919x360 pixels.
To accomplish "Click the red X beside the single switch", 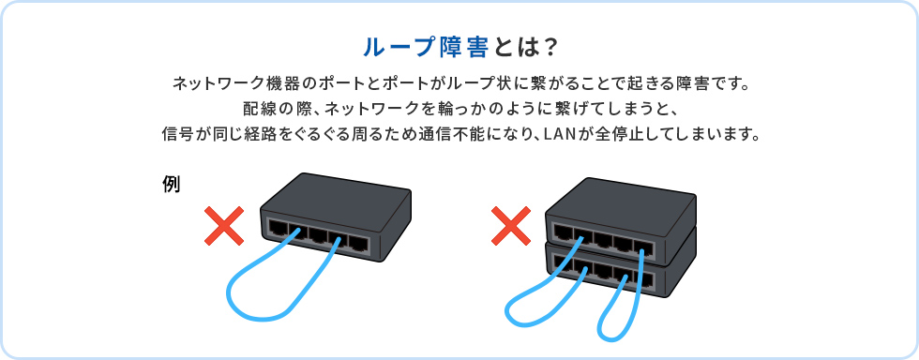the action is point(223,227).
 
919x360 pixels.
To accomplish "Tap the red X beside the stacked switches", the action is point(511,227).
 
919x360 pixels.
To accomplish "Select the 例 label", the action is point(171,184).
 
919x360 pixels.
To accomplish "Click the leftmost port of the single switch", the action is point(279,228).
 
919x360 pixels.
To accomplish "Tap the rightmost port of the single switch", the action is point(359,244).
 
